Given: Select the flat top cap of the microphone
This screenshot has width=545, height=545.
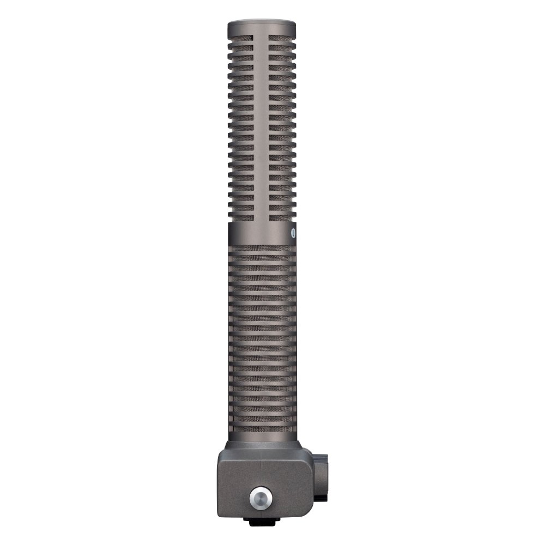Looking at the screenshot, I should pyautogui.click(x=262, y=25).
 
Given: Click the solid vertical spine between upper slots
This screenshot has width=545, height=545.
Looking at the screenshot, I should pyautogui.click(x=262, y=125).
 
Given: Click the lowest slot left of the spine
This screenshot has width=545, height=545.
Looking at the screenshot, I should pyautogui.click(x=242, y=217).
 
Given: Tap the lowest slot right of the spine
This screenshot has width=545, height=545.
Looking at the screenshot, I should pyautogui.click(x=281, y=217).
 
